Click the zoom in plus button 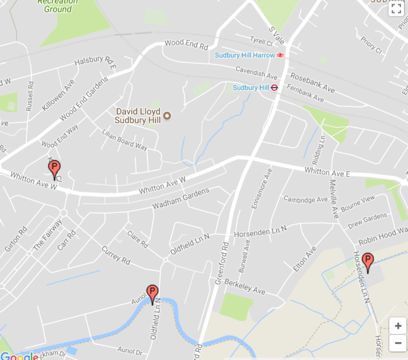[x=398, y=326]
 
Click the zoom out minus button [x=398, y=343]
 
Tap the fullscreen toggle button [x=396, y=8]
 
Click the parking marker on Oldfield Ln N [x=152, y=293]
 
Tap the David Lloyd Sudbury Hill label [x=137, y=116]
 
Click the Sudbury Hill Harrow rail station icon [x=280, y=55]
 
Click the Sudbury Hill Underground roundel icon [x=274, y=88]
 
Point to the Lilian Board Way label [x=125, y=140]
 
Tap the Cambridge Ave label [x=305, y=200]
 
